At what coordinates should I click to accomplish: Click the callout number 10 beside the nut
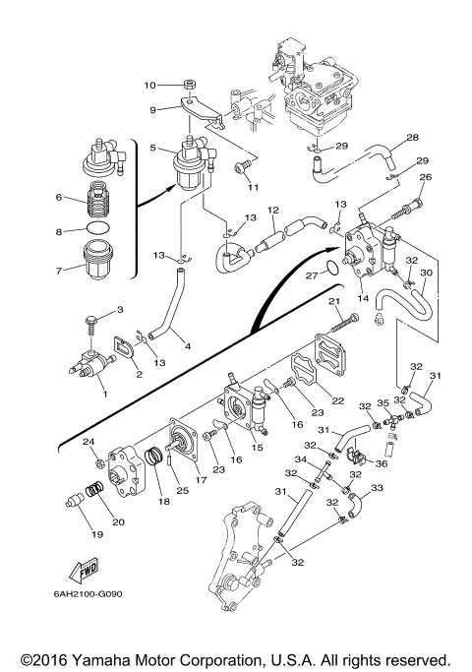149,86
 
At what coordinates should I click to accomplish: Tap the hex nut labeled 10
189,84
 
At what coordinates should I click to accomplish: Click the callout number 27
312,275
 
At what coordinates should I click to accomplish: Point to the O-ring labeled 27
333,268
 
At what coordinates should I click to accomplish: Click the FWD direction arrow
84,571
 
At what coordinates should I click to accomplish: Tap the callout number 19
97,534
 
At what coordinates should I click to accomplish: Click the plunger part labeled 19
74,500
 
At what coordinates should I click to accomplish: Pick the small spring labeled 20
94,489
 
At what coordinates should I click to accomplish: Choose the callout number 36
381,463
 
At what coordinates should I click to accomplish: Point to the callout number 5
152,148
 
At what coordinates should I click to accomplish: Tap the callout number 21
334,302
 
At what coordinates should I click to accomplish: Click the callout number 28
412,137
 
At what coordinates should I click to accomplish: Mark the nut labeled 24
99,462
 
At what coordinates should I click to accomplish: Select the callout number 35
383,402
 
